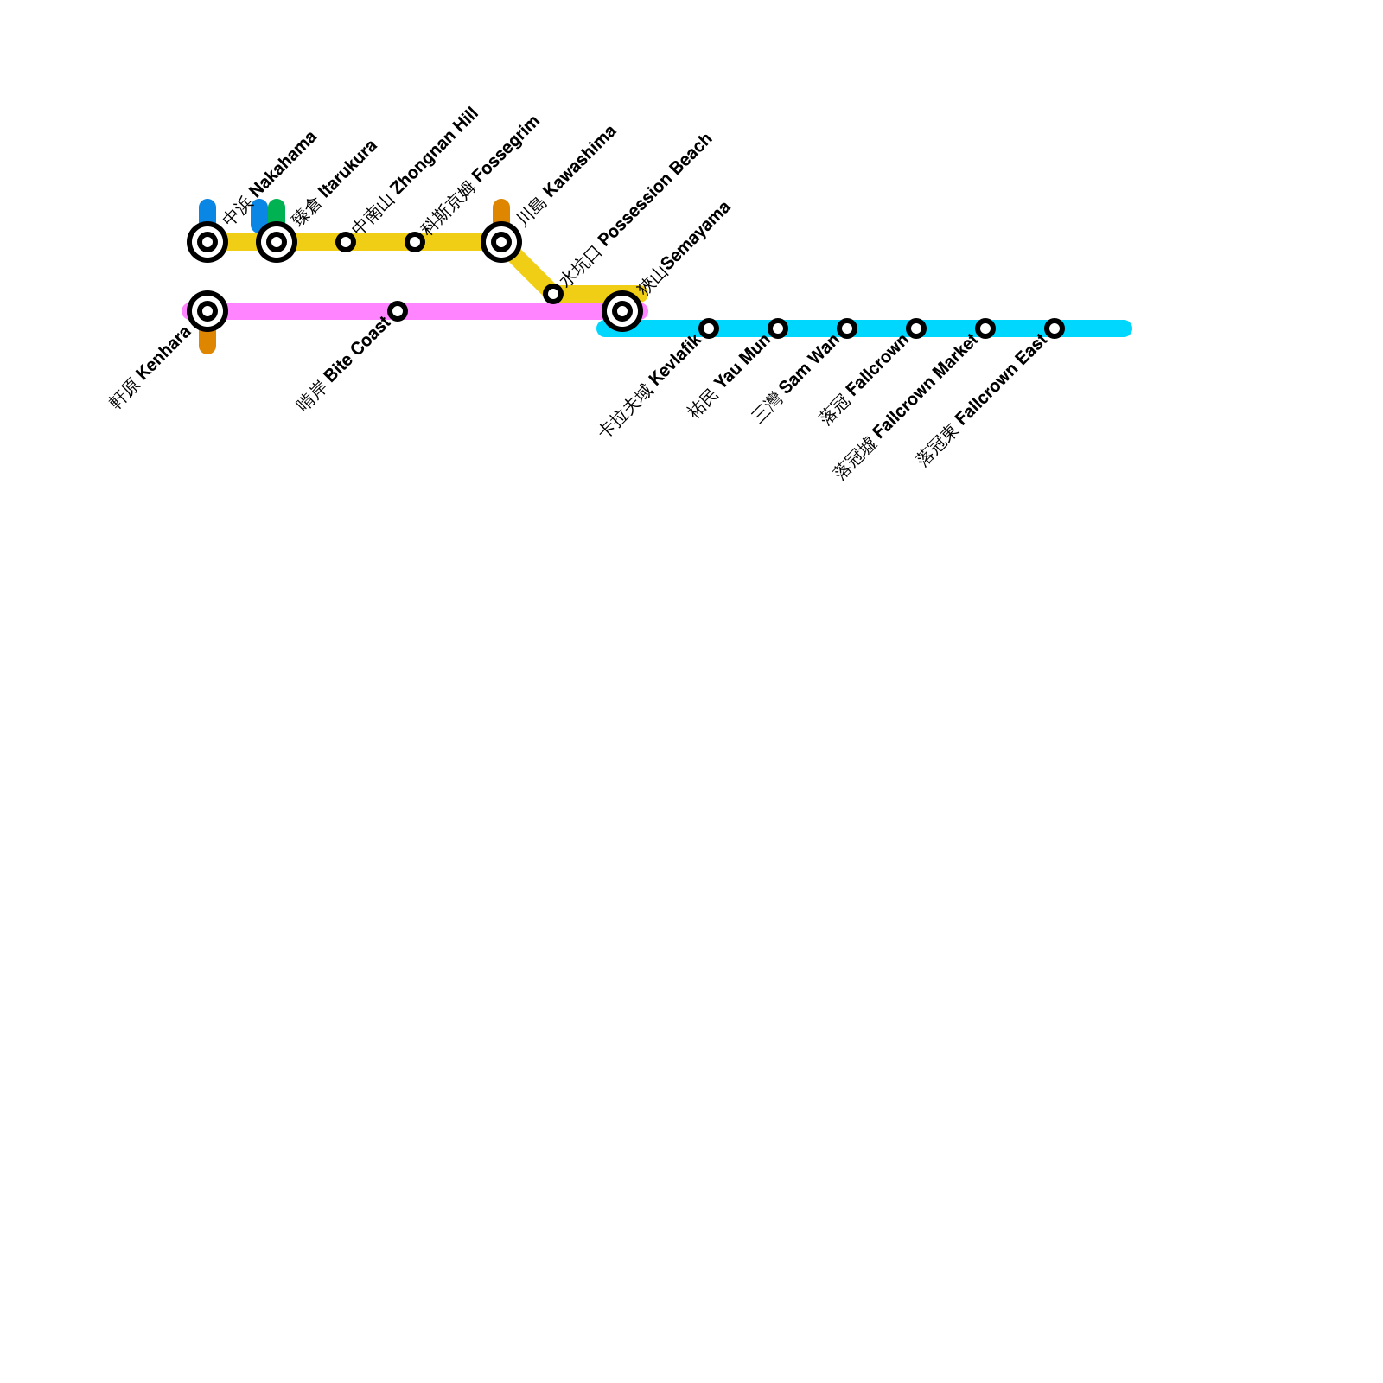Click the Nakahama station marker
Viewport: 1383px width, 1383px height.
click(207, 242)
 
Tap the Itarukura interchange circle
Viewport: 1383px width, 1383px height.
click(277, 242)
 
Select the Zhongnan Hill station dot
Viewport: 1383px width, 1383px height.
click(346, 242)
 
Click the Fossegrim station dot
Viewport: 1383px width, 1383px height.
click(415, 242)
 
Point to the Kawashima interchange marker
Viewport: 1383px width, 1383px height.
click(501, 242)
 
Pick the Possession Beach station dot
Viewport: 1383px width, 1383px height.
click(553, 294)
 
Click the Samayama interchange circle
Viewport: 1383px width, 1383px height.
click(622, 311)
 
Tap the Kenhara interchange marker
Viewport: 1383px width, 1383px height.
click(207, 311)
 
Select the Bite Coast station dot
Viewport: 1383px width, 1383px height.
click(398, 311)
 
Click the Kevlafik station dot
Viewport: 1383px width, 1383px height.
click(709, 328)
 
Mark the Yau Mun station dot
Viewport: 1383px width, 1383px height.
click(778, 328)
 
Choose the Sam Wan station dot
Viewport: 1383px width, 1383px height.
click(847, 328)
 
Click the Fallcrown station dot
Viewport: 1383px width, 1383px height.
click(916, 328)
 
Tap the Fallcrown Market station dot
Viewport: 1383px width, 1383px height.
click(985, 328)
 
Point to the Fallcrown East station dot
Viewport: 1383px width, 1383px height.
click(1055, 328)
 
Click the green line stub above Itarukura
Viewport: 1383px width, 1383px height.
click(277, 210)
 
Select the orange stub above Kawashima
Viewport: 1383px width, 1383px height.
click(501, 210)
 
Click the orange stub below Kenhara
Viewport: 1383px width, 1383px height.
click(207, 343)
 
